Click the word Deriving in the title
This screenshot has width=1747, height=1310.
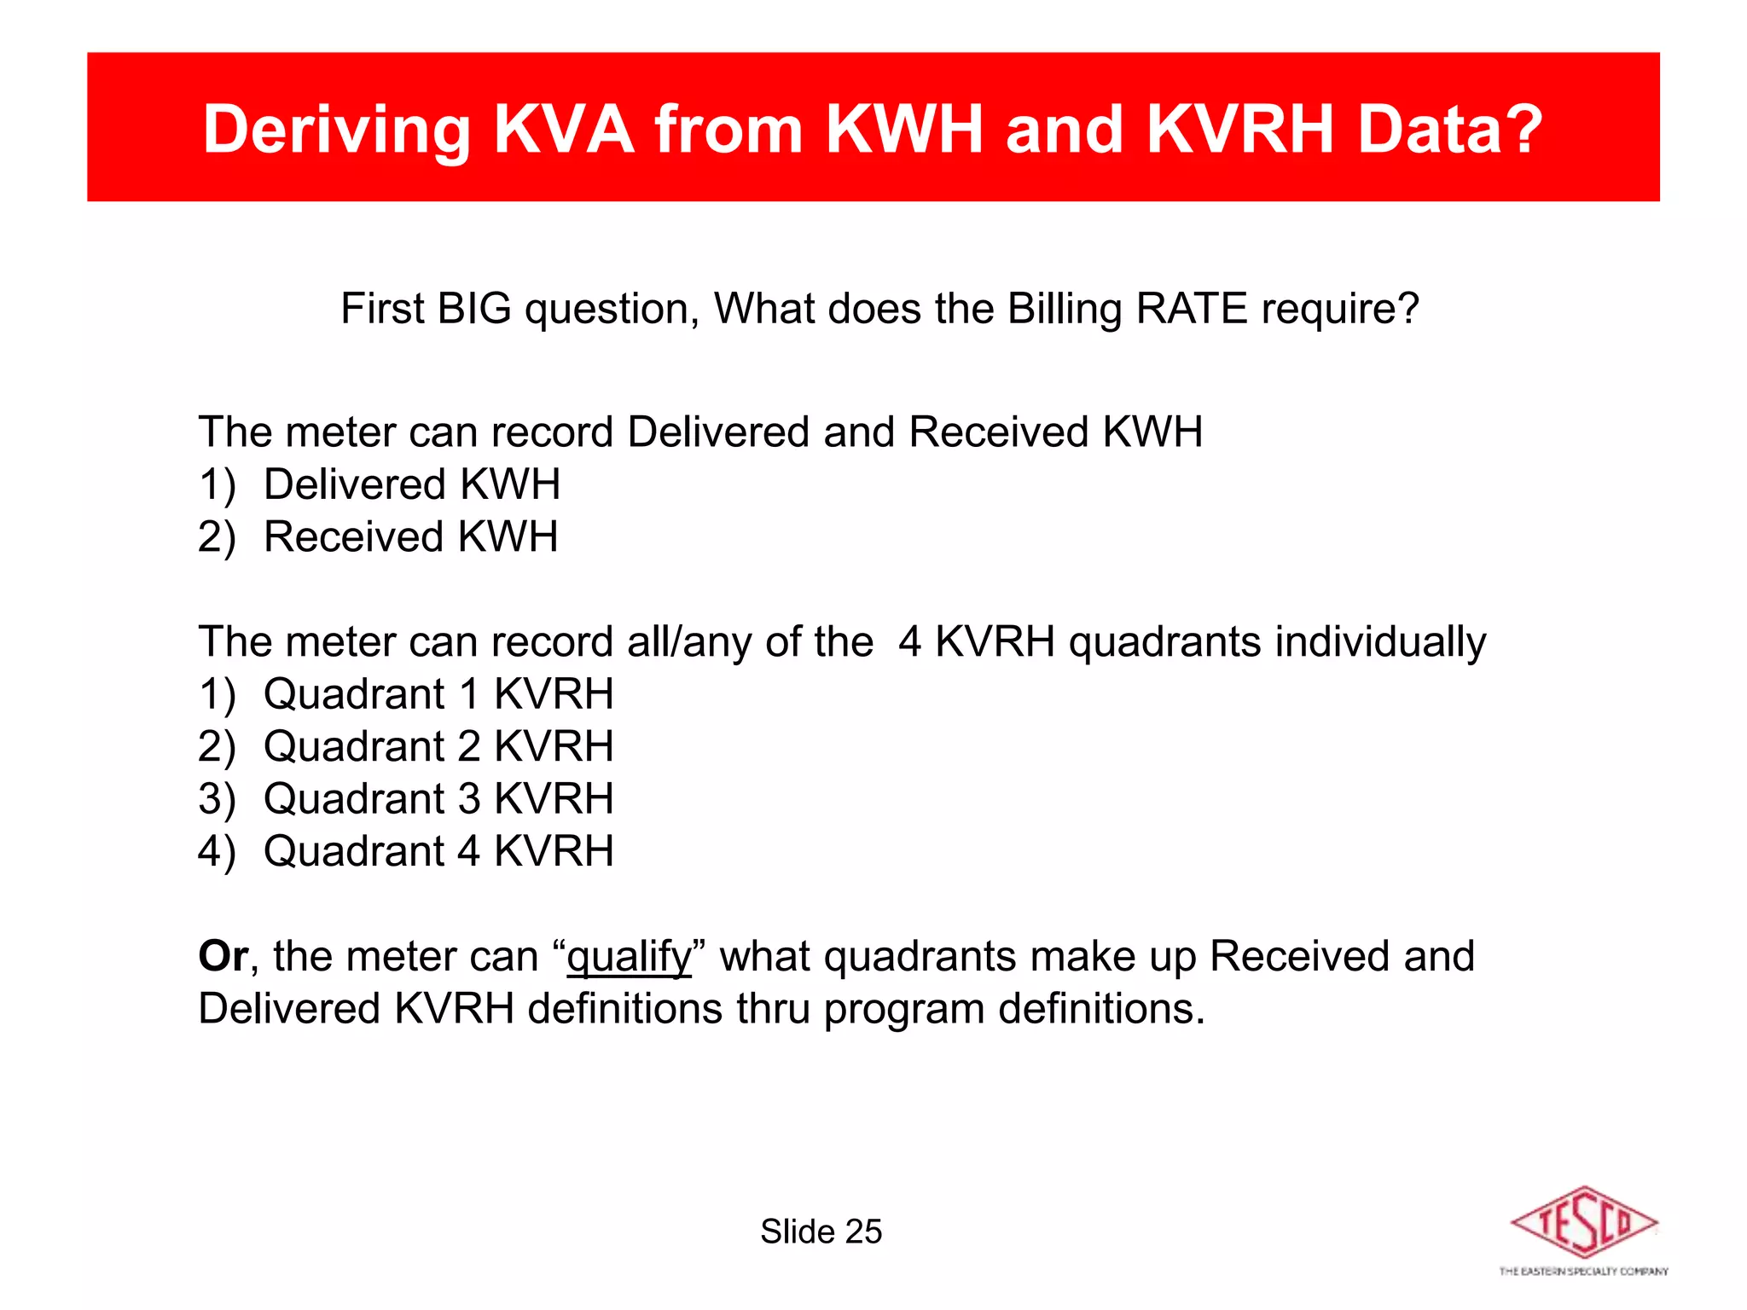pos(336,130)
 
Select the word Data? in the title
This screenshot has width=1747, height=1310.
pos(1449,130)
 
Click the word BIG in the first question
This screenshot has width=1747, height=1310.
pos(474,309)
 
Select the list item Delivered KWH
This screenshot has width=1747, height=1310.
pos(411,484)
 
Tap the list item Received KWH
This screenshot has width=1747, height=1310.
pos(410,537)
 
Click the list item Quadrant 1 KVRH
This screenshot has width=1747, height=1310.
pos(438,694)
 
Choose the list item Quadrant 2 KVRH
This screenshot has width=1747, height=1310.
pos(438,746)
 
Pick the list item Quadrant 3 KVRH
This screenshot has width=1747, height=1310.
pos(438,799)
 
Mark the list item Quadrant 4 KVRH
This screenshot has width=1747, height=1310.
pos(438,851)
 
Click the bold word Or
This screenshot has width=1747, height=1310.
pos(223,956)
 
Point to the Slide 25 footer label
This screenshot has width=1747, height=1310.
pos(821,1232)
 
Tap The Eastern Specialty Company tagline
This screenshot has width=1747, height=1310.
pos(1583,1272)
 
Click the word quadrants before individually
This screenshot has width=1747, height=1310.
pos(1164,642)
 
